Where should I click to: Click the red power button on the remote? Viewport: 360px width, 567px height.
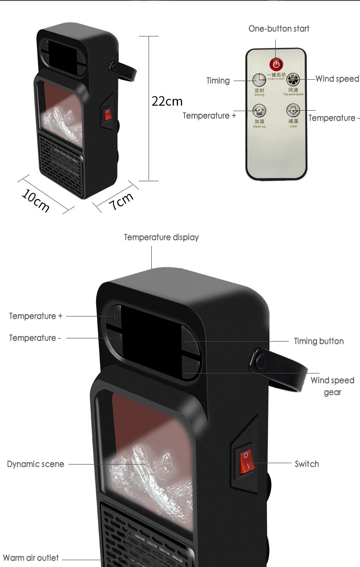(x=276, y=63)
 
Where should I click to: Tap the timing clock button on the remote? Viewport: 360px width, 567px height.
(x=259, y=79)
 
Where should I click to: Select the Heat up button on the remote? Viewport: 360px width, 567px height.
(x=259, y=111)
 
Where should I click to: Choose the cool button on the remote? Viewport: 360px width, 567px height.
(x=293, y=110)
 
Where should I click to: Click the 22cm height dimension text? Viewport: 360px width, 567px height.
(x=167, y=101)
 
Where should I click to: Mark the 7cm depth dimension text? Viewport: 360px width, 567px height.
(x=121, y=200)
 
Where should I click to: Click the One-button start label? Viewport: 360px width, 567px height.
(x=278, y=29)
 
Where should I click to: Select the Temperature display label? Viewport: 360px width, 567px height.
(x=161, y=237)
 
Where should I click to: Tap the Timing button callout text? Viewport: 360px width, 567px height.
(x=319, y=341)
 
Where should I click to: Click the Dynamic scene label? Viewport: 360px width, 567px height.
(x=36, y=464)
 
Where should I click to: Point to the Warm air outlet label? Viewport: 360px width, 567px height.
(x=31, y=558)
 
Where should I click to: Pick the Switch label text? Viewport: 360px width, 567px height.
(x=307, y=464)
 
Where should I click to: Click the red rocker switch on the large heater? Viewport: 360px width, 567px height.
(x=246, y=460)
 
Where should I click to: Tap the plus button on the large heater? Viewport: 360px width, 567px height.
(x=114, y=317)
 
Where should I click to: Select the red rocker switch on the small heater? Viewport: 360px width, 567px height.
(x=108, y=114)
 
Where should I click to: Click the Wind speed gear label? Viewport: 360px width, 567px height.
(x=332, y=386)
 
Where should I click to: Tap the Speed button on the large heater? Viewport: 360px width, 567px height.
(x=190, y=364)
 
